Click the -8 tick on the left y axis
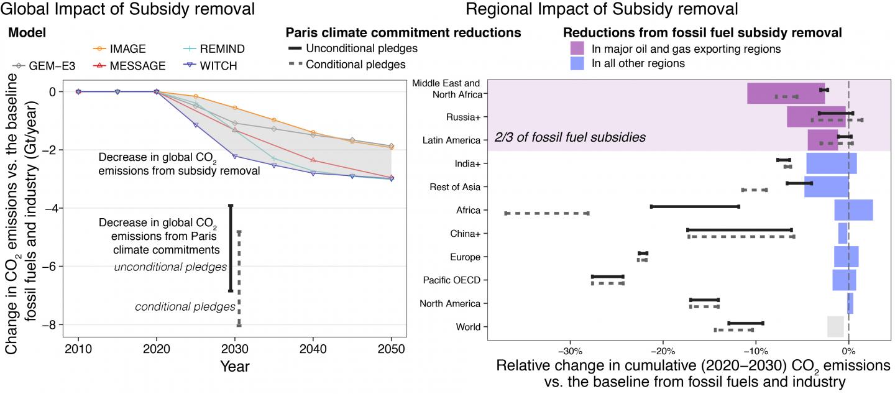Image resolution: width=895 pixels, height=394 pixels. [52, 324]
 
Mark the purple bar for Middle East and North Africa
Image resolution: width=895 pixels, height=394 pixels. [786, 93]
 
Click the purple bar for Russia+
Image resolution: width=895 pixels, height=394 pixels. [816, 116]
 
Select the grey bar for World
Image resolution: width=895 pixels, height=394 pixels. [835, 327]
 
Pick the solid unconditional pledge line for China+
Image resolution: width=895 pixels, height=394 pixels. [739, 230]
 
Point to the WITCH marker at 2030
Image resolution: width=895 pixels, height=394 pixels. [235, 157]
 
